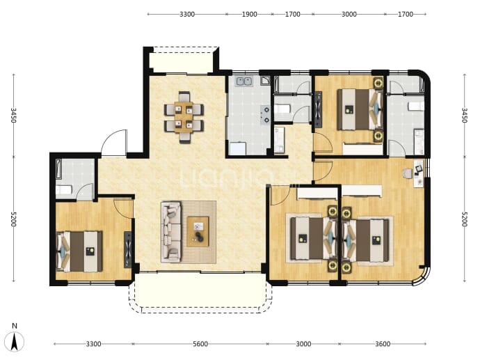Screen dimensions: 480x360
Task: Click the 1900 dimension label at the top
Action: pos(249,14)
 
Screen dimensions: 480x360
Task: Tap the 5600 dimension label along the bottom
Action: pos(200,344)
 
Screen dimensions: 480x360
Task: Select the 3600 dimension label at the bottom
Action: pos(383,344)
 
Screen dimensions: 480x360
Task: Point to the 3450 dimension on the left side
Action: pos(13,115)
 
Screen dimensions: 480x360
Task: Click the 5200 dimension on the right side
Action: pos(465,219)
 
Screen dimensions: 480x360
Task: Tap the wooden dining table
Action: pos(184,118)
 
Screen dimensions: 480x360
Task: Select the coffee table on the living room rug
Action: pos(198,231)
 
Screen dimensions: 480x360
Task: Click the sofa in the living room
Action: pos(171,232)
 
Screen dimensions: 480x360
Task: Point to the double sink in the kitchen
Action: pos(244,81)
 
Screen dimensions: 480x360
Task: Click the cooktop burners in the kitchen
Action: pos(265,115)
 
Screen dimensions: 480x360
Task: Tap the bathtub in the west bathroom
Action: pos(58,169)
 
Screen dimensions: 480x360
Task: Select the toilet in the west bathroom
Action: pos(64,190)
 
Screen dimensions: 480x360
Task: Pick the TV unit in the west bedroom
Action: pos(128,249)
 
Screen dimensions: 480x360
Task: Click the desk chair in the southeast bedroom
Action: pos(408,173)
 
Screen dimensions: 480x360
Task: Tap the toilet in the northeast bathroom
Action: pos(416,107)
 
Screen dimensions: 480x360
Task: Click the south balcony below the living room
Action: pos(200,292)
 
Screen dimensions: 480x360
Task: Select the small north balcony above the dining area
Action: pos(181,60)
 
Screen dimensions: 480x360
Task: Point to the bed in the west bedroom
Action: pos(79,251)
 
